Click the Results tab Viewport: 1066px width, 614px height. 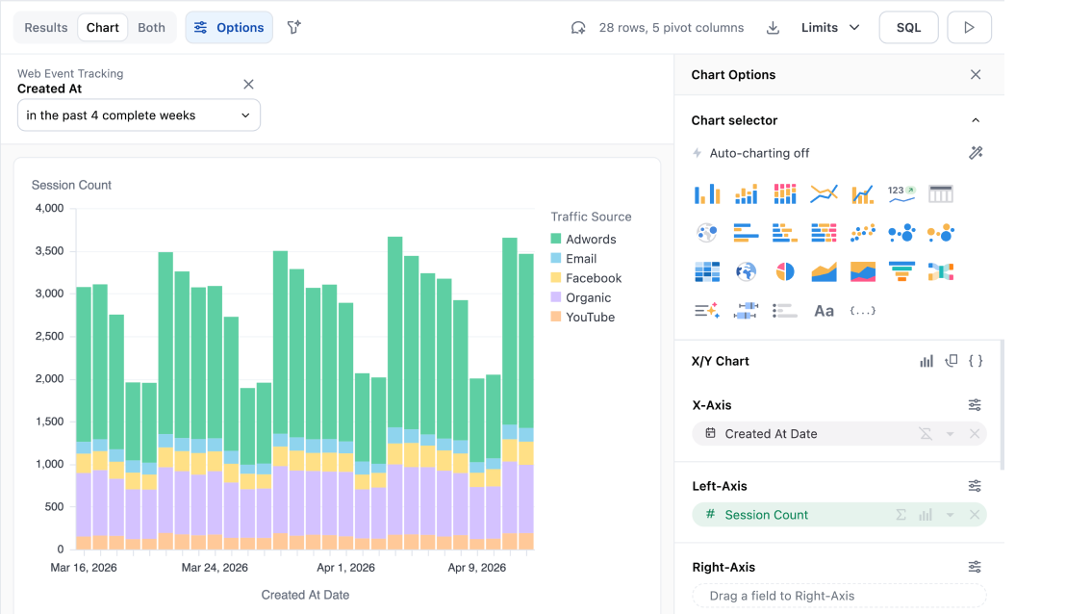pos(46,28)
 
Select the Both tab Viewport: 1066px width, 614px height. pos(151,28)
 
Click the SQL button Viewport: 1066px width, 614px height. pos(908,28)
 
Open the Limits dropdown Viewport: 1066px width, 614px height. pos(830,28)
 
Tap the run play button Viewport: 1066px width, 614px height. pos(969,28)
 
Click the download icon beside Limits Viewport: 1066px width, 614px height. pos(773,28)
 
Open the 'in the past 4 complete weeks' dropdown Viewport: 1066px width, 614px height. pos(139,115)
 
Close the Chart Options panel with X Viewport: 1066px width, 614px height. pos(976,75)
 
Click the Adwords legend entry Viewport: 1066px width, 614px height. pos(590,240)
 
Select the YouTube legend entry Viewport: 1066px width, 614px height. pos(590,318)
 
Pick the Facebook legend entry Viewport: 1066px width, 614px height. pos(593,278)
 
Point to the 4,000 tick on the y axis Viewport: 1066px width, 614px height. pos(49,208)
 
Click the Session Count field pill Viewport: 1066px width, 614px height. pos(766,515)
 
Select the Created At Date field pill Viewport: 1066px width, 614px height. pos(771,434)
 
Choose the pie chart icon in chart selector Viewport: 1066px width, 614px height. pos(785,272)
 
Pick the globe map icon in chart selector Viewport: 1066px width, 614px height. pos(746,272)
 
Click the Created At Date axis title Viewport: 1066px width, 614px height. pos(305,595)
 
